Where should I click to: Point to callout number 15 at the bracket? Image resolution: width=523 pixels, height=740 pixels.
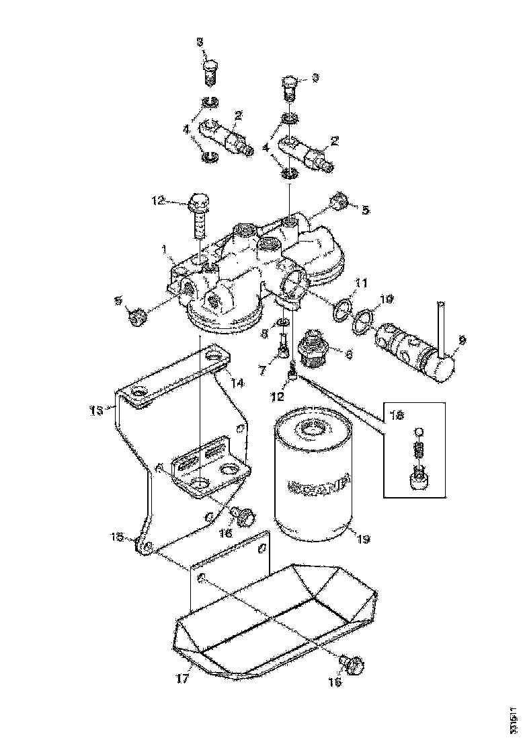[x=118, y=536]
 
